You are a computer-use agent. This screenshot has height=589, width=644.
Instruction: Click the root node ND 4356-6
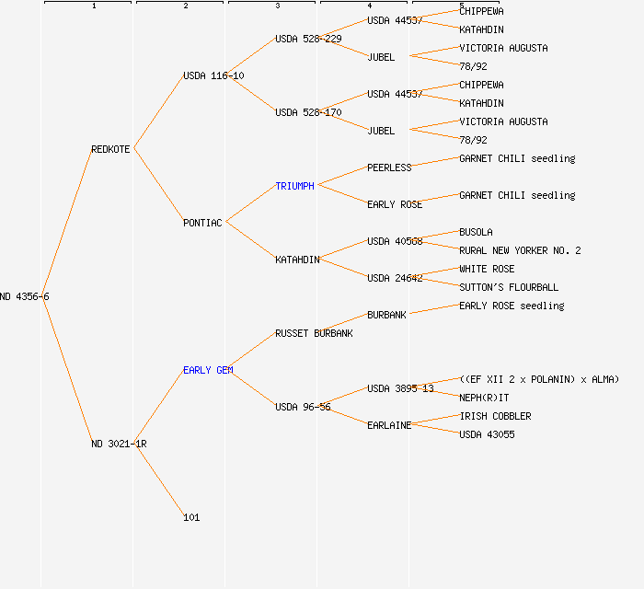pyautogui.click(x=25, y=296)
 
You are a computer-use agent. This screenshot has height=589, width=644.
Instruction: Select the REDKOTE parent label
pyautogui.click(x=111, y=149)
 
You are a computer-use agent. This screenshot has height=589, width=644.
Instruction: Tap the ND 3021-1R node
pyautogui.click(x=119, y=444)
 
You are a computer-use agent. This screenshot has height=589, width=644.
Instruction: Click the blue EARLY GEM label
pyautogui.click(x=208, y=370)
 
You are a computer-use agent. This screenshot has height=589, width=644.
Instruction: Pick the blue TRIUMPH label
pyautogui.click(x=294, y=186)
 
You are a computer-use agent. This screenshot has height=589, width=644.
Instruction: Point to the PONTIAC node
pyautogui.click(x=202, y=223)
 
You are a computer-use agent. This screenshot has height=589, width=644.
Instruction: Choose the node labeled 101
pyautogui.click(x=191, y=517)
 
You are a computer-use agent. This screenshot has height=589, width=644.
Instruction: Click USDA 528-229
pyautogui.click(x=308, y=39)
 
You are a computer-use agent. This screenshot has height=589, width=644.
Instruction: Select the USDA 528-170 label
pyautogui.click(x=308, y=112)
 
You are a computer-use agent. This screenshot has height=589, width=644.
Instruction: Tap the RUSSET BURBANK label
pyautogui.click(x=314, y=333)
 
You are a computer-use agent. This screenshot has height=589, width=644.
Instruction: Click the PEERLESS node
pyautogui.click(x=389, y=167)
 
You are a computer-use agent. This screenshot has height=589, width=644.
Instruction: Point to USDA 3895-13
pyautogui.click(x=400, y=388)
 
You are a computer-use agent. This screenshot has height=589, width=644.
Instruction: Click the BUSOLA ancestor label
pyautogui.click(x=476, y=232)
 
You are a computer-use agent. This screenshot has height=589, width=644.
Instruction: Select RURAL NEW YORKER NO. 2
pyautogui.click(x=520, y=250)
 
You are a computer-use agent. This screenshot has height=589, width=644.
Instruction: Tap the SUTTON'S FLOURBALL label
pyautogui.click(x=509, y=287)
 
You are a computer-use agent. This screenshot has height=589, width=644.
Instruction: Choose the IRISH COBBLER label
pyautogui.click(x=495, y=416)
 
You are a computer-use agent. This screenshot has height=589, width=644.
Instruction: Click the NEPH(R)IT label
pyautogui.click(x=484, y=398)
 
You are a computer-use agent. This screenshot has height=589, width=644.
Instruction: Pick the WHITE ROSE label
pyautogui.click(x=487, y=269)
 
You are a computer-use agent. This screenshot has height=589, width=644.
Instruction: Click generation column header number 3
pyautogui.click(x=277, y=6)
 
